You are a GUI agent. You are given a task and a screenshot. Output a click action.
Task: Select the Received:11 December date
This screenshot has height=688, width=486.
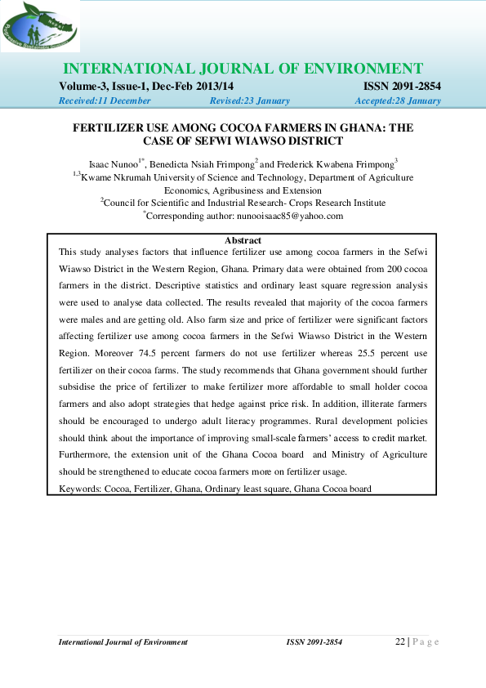[105, 101]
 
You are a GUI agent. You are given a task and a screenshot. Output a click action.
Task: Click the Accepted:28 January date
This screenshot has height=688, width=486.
[398, 101]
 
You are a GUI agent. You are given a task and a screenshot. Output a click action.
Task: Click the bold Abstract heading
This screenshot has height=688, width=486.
[243, 240]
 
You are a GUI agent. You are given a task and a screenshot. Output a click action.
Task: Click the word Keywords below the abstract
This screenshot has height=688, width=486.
[79, 489]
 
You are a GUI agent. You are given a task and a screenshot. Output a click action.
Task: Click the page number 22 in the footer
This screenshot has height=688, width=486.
[400, 641]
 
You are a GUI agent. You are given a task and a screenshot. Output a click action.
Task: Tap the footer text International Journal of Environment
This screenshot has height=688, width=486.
[123, 642]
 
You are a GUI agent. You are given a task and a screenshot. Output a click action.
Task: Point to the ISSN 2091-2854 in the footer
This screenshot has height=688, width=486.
[314, 642]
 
